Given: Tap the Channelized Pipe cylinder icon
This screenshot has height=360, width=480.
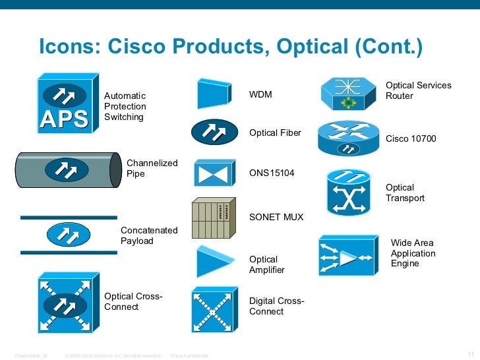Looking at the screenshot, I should click(65, 170).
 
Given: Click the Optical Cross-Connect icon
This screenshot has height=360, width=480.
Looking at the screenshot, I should click(65, 305).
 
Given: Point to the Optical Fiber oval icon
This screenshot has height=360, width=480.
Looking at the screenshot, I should click(214, 133).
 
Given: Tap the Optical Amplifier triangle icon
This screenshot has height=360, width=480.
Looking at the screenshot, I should click(213, 262).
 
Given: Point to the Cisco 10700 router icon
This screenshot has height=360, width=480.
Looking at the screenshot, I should click(349, 138).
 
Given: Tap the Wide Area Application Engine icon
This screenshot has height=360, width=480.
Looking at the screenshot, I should click(348, 258).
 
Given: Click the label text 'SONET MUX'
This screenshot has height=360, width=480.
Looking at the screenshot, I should click(276, 217).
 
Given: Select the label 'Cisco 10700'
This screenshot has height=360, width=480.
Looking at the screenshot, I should click(411, 138).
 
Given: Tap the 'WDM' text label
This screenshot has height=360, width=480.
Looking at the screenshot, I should click(260, 96).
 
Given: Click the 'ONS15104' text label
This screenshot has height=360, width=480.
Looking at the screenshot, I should click(272, 173).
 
